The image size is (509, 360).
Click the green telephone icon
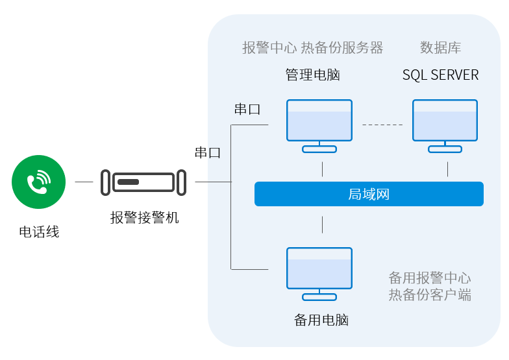point(39,182)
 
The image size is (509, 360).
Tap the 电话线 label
point(39,232)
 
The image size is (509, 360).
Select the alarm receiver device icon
point(143,182)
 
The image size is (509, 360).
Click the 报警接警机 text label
point(144,218)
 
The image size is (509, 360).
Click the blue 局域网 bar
point(369,194)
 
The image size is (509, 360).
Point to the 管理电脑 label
point(313,75)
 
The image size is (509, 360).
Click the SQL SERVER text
point(440,75)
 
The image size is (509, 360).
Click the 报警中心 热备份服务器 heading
point(312,47)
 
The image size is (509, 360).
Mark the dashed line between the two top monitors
point(382,124)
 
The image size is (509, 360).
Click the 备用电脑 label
point(321,320)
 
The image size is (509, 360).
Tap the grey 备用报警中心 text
point(429,278)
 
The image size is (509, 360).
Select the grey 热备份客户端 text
point(429,295)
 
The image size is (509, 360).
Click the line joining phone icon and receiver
point(84,182)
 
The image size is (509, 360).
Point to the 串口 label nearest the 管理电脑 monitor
point(247,109)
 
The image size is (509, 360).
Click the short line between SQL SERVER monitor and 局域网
point(447,169)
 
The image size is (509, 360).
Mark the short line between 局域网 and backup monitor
point(323,224)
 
